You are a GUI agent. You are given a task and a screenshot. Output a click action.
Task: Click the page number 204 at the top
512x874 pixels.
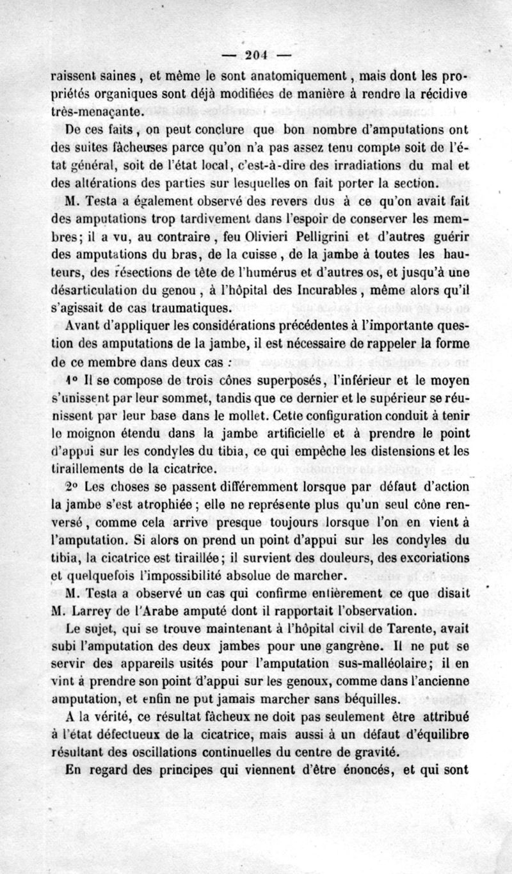point(256,53)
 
